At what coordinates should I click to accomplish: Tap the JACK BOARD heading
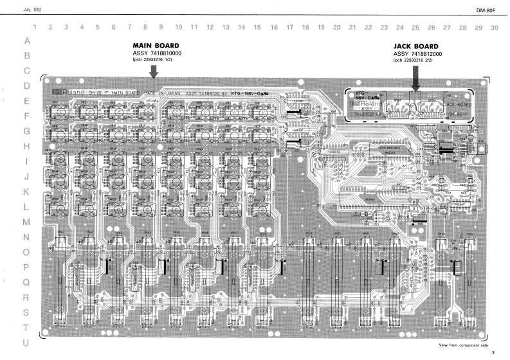(x=415, y=47)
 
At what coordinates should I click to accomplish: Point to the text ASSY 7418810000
(x=157, y=53)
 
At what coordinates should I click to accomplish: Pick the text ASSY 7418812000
(x=418, y=55)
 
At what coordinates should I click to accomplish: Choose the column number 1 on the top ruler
(x=34, y=28)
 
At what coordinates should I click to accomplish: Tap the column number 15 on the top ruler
(x=257, y=28)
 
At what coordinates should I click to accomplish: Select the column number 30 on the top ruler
(x=493, y=28)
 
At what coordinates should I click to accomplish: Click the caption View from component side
(x=462, y=345)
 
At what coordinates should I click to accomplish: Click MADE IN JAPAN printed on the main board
(x=161, y=93)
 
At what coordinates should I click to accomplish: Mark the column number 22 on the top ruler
(x=368, y=28)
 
